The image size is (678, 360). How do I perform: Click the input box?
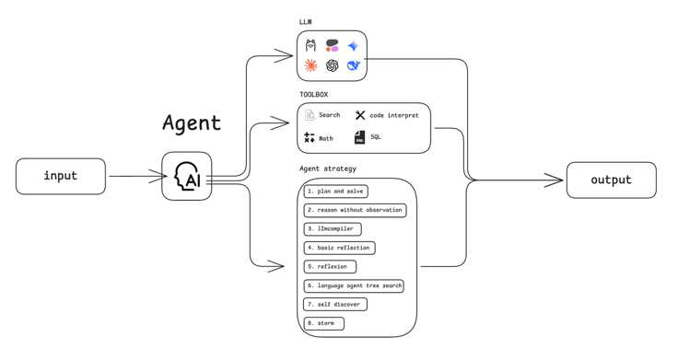(x=61, y=176)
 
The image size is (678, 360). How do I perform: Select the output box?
(x=612, y=180)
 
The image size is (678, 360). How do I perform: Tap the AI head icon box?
(x=187, y=176)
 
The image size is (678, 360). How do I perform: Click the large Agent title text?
(x=192, y=123)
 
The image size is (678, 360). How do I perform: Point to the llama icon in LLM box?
(x=310, y=45)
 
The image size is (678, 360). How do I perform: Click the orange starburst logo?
(x=310, y=65)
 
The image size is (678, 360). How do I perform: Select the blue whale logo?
(x=354, y=65)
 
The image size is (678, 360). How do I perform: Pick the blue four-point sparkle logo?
(x=353, y=45)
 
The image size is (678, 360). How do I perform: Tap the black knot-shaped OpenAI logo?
(x=332, y=65)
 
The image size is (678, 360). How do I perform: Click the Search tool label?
(x=330, y=115)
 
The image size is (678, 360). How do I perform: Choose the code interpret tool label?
(x=394, y=115)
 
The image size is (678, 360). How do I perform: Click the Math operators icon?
(x=310, y=137)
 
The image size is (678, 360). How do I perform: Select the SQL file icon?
(x=360, y=137)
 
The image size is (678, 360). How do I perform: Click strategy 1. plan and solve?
(x=336, y=191)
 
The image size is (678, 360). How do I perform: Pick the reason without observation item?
(x=355, y=210)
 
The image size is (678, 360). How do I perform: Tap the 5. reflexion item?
(x=330, y=267)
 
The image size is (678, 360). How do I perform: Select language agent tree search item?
(x=354, y=285)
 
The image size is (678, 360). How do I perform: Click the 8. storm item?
(x=324, y=323)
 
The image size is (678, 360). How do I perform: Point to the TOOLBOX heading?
(x=313, y=94)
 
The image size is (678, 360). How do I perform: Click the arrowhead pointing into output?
(x=555, y=180)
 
